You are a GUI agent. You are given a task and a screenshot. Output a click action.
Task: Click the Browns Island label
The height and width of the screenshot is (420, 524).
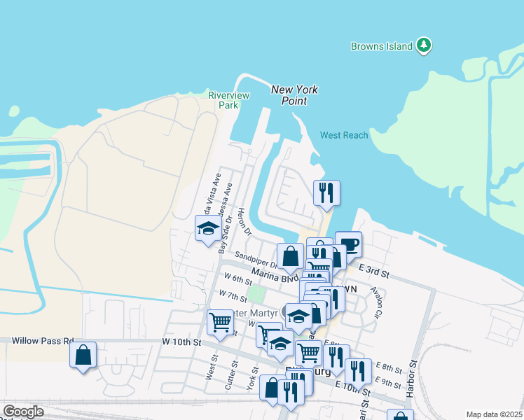click(x=381, y=47)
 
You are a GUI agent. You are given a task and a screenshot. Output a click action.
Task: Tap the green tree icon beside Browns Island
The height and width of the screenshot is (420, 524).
click(x=423, y=46)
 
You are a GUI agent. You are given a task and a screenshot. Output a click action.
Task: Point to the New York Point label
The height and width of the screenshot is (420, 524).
click(x=294, y=94)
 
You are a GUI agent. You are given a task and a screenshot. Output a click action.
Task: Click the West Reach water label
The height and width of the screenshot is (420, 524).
click(x=344, y=135)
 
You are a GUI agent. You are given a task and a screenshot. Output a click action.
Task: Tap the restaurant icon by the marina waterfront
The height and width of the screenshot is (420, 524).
click(x=326, y=192)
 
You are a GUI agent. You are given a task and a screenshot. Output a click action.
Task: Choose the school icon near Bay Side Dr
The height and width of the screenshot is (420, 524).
click(x=208, y=228)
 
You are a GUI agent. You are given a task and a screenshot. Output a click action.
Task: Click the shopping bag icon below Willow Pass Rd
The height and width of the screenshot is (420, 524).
click(x=83, y=355)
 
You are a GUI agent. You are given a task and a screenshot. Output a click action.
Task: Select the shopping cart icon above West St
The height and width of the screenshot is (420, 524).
click(x=221, y=323)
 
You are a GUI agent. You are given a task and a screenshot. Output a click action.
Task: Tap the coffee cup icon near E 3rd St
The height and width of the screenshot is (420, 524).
click(x=349, y=245)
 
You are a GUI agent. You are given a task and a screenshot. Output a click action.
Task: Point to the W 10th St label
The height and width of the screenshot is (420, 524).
click(x=181, y=342)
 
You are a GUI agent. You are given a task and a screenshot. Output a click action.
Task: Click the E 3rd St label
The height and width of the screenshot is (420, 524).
click(x=373, y=269)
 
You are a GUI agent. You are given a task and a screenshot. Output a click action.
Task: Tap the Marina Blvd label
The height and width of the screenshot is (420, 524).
click(x=274, y=275)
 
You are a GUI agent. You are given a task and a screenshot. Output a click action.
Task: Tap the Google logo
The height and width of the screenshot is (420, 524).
click(x=22, y=412)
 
